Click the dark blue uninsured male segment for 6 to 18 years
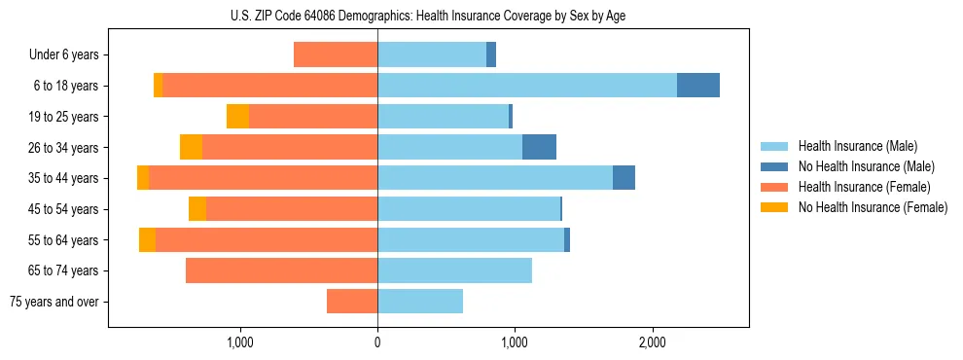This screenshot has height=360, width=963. point(698,86)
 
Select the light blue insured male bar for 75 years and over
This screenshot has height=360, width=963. point(420,302)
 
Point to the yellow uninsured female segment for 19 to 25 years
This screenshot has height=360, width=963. point(237,117)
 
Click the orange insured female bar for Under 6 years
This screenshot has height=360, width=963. point(336,54)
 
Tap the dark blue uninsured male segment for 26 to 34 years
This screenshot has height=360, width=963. point(539,147)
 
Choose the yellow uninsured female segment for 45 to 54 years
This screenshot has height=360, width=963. point(197,209)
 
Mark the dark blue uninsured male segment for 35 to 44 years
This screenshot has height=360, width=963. point(624,178)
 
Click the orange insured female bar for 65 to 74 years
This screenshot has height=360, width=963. point(282,270)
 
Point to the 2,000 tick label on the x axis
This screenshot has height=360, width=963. point(653,342)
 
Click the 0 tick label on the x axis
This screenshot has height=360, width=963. point(377,342)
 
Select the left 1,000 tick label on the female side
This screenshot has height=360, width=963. point(240,342)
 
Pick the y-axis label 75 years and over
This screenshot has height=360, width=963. point(54,302)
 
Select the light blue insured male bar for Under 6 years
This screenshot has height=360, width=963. point(432,54)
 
